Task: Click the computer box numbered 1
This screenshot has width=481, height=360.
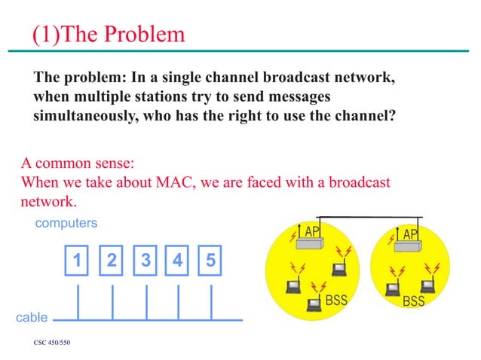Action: click(x=77, y=261)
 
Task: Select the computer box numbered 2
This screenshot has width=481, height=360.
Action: click(x=111, y=261)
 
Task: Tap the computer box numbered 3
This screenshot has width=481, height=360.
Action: click(x=145, y=261)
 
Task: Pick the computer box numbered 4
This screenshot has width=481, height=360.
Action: click(x=178, y=261)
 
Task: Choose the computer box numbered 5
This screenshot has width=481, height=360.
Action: click(x=211, y=261)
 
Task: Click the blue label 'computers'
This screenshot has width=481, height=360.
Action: click(x=67, y=224)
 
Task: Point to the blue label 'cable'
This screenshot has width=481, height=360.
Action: click(x=32, y=318)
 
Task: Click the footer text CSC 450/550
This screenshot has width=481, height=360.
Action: click(x=51, y=343)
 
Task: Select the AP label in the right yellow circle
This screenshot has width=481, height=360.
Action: click(x=410, y=234)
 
